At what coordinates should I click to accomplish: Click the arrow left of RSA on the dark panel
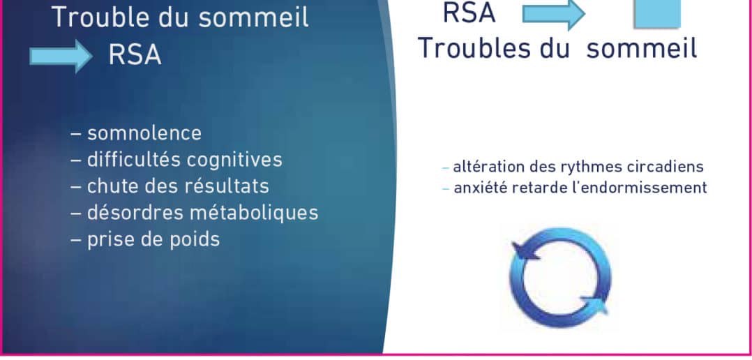(61, 56)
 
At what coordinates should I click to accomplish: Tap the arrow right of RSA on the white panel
(554, 14)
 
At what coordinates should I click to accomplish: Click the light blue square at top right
(657, 13)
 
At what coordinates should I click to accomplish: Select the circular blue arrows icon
(560, 278)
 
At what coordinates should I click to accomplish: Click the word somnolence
(144, 133)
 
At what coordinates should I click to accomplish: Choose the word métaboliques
(254, 213)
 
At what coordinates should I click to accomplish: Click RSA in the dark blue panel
(135, 56)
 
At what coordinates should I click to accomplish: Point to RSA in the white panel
(469, 13)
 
